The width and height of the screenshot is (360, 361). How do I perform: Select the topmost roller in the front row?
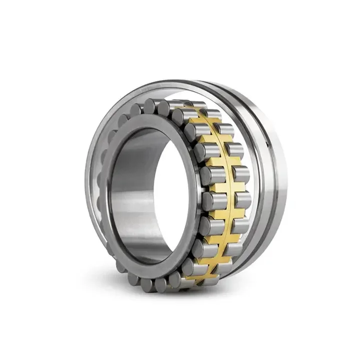(150, 106)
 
